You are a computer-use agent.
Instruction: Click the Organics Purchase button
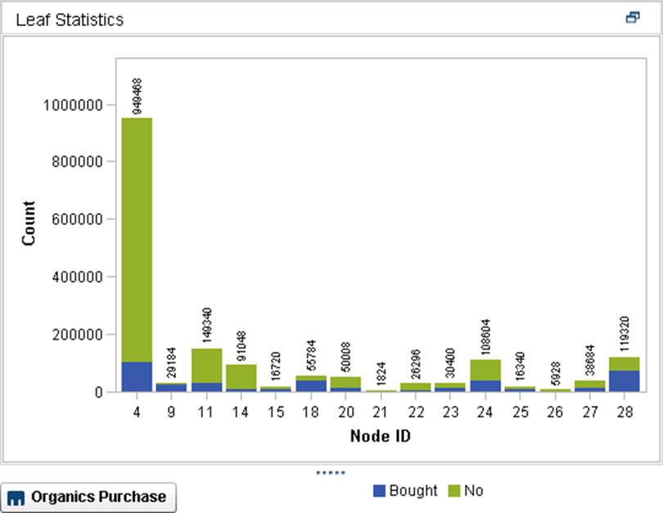[88, 497]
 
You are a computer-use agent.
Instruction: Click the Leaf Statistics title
[70, 20]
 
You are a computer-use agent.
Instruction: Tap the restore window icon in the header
[632, 18]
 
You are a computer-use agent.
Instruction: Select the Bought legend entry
[405, 491]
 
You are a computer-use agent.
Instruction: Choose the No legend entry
[467, 491]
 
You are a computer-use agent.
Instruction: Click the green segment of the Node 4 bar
[137, 237]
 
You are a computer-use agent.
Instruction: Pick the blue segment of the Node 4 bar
[137, 376]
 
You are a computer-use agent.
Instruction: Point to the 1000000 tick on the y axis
[73, 105]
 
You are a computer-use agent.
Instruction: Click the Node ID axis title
[381, 435]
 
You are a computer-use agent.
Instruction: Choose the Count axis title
[29, 224]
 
